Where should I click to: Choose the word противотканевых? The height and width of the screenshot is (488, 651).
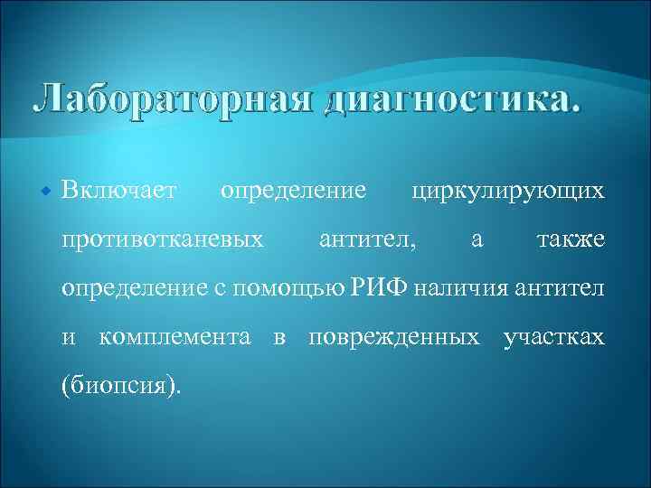pyautogui.click(x=162, y=239)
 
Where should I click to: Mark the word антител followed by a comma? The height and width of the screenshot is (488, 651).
pyautogui.click(x=369, y=239)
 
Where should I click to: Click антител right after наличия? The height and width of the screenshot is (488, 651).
pyautogui.click(x=561, y=289)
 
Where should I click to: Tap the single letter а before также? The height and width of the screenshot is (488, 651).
pyautogui.click(x=476, y=240)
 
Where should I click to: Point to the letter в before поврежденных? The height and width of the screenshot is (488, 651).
pyautogui.click(x=279, y=338)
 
